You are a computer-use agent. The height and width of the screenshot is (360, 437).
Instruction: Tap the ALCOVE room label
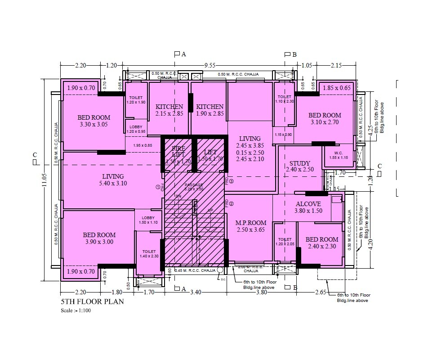click(x=308, y=203)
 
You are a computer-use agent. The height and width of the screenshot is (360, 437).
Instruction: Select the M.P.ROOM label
click(x=251, y=223)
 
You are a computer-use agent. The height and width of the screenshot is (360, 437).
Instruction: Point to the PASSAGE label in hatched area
click(x=194, y=185)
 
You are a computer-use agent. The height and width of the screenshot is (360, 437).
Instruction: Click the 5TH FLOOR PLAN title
click(x=92, y=301)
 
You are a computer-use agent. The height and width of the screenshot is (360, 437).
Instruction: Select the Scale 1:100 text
click(x=76, y=310)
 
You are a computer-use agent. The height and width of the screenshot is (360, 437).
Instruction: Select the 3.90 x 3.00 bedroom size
click(x=99, y=242)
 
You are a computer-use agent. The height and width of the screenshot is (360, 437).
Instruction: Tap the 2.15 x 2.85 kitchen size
click(x=169, y=113)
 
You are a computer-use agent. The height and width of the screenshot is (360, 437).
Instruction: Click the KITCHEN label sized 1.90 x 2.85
click(x=210, y=107)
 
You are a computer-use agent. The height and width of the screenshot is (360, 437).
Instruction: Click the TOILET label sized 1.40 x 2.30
click(x=148, y=251)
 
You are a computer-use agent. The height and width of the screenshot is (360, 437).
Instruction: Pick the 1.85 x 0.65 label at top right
click(x=336, y=88)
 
